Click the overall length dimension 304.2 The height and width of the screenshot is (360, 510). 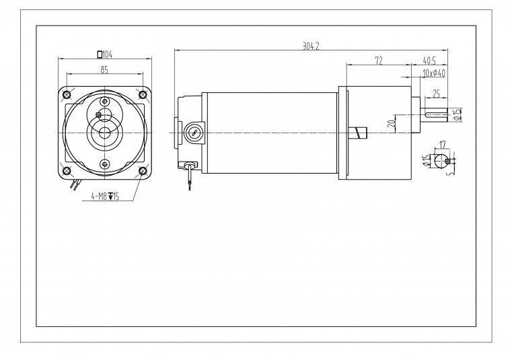click(311, 46)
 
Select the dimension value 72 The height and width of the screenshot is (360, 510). click(379, 61)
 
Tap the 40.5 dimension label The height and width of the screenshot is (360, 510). click(429, 61)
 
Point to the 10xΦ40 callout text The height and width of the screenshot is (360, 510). click(434, 73)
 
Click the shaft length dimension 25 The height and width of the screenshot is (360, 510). click(437, 94)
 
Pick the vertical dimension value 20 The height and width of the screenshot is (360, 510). click(392, 123)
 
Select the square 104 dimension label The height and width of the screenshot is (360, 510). click(105, 55)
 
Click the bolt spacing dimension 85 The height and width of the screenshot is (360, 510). click(104, 69)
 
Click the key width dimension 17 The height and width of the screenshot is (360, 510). click(442, 145)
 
